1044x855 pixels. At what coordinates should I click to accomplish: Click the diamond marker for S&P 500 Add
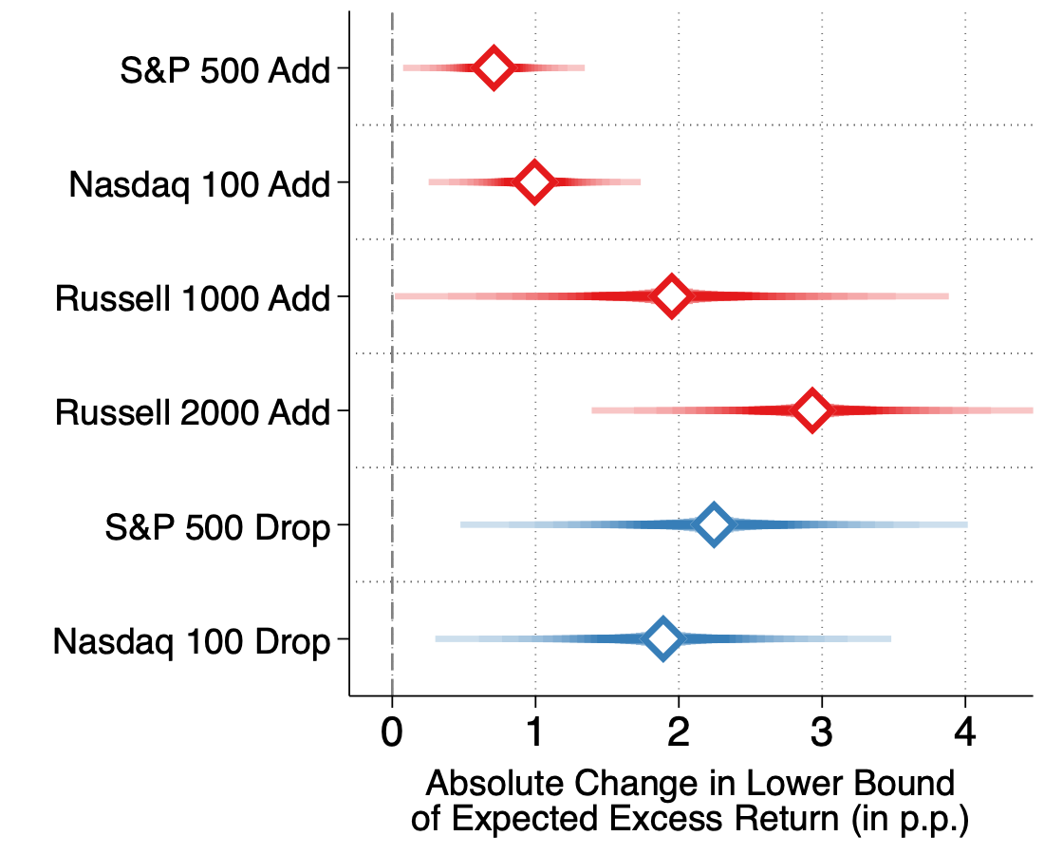point(493,68)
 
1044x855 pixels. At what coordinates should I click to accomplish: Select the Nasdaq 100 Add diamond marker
point(534,182)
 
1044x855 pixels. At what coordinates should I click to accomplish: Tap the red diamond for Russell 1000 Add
point(671,295)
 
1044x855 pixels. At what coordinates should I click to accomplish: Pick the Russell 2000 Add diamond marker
point(811,410)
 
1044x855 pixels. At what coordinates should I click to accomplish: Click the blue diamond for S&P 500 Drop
point(714,524)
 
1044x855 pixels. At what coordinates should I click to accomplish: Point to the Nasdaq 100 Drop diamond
point(662,638)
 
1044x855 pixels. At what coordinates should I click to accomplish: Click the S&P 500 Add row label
point(225,70)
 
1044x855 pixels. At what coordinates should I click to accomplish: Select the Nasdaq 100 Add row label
point(199,184)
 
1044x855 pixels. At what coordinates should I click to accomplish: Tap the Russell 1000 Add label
point(193,298)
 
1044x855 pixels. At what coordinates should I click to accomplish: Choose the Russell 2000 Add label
point(193,412)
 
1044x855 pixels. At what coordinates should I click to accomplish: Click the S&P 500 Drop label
point(217,528)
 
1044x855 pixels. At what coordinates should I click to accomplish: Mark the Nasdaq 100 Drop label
point(192,642)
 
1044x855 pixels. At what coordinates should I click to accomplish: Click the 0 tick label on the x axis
point(391,732)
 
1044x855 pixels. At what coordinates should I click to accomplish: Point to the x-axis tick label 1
point(535,732)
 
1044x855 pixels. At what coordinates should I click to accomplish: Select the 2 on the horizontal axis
point(679,732)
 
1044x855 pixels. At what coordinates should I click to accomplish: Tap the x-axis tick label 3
point(822,732)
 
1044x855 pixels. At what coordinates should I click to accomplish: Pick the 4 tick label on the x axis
point(965,732)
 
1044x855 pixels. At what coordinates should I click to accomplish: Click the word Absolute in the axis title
point(495,783)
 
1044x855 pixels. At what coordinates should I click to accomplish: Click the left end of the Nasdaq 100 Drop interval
point(436,639)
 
